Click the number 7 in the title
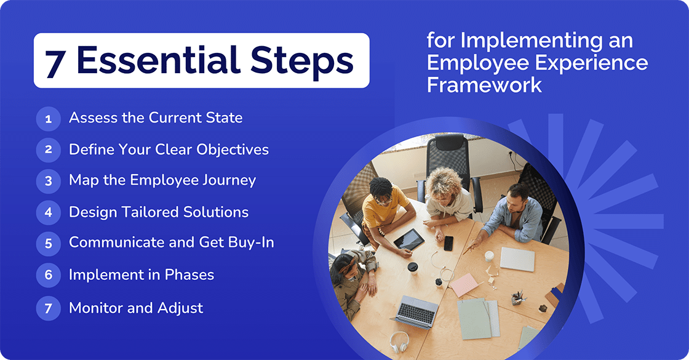pos(55,62)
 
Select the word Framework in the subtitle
pos(485,84)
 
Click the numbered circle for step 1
pos(48,118)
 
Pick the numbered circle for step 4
pos(48,212)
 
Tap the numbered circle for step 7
pos(48,308)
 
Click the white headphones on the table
pos(399,342)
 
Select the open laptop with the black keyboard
pos(416,311)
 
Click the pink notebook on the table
pos(464,284)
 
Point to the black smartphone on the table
pos(448,243)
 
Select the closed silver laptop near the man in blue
pos(517,259)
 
